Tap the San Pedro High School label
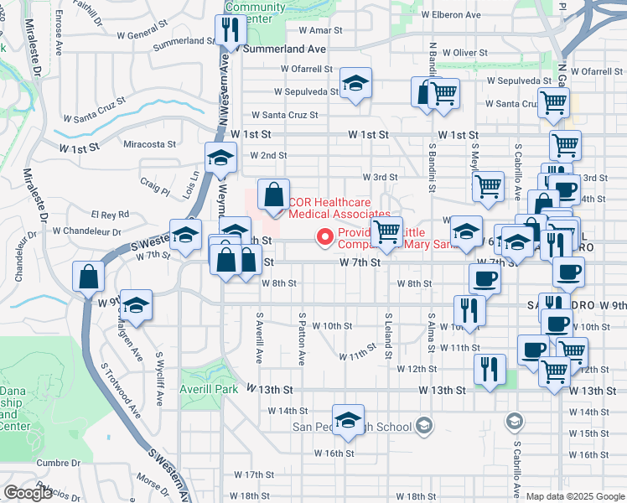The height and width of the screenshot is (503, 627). click(x=363, y=427)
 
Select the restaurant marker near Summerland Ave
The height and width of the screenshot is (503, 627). click(x=229, y=31)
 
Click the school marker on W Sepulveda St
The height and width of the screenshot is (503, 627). click(x=355, y=84)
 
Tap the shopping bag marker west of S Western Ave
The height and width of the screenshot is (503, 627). click(x=88, y=277)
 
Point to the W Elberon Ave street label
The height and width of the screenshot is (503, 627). click(x=450, y=14)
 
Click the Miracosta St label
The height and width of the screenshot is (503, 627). click(x=149, y=143)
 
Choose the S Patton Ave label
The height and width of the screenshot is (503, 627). click(x=302, y=339)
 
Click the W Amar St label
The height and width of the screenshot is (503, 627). click(x=314, y=29)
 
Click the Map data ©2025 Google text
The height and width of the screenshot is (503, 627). click(x=574, y=496)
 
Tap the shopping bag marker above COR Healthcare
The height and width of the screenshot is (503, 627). click(x=273, y=196)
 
